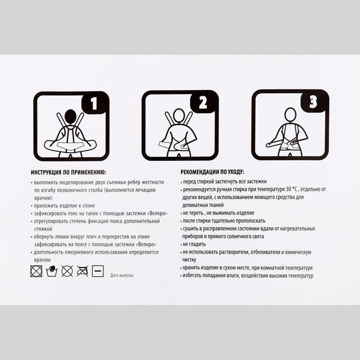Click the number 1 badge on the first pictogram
(95, 103)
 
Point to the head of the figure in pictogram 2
(179, 116)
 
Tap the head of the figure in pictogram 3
(291, 115)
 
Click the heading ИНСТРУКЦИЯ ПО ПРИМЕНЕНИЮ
(68, 172)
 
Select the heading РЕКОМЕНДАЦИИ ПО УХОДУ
(212, 172)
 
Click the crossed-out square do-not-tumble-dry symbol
(37, 271)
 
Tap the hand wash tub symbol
(51, 271)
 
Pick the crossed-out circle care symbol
(67, 271)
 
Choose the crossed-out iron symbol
(82, 271)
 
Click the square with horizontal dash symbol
(98, 271)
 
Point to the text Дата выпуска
(122, 275)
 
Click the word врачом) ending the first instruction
(43, 198)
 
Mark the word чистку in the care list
(189, 260)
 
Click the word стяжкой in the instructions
(43, 229)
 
